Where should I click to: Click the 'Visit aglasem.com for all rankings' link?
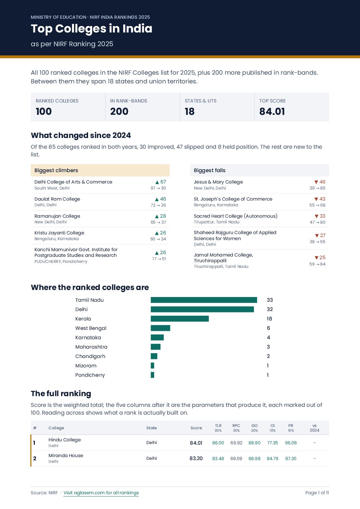click(x=101, y=493)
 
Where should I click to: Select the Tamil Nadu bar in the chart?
click(x=204, y=300)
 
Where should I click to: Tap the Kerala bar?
click(x=179, y=318)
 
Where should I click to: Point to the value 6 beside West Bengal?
click(x=268, y=328)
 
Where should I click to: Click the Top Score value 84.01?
click(x=272, y=111)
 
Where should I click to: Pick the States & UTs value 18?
click(x=190, y=111)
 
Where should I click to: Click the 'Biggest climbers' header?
click(x=56, y=170)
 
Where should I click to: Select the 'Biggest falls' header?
click(x=210, y=170)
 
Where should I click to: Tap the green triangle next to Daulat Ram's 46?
click(x=157, y=199)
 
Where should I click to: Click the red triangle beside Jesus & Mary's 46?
click(x=316, y=182)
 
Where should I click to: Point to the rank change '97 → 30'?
click(x=158, y=188)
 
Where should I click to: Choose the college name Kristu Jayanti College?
click(x=59, y=233)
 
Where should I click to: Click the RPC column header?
click(x=236, y=425)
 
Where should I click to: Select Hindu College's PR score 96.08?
click(x=291, y=443)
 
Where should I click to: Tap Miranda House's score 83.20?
click(x=196, y=458)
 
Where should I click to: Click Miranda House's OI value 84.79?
click(x=273, y=458)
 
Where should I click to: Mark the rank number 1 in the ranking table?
click(x=34, y=443)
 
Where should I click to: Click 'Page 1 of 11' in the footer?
click(x=317, y=493)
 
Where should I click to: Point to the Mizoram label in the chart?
click(x=86, y=366)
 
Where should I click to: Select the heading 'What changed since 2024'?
click(x=81, y=135)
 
